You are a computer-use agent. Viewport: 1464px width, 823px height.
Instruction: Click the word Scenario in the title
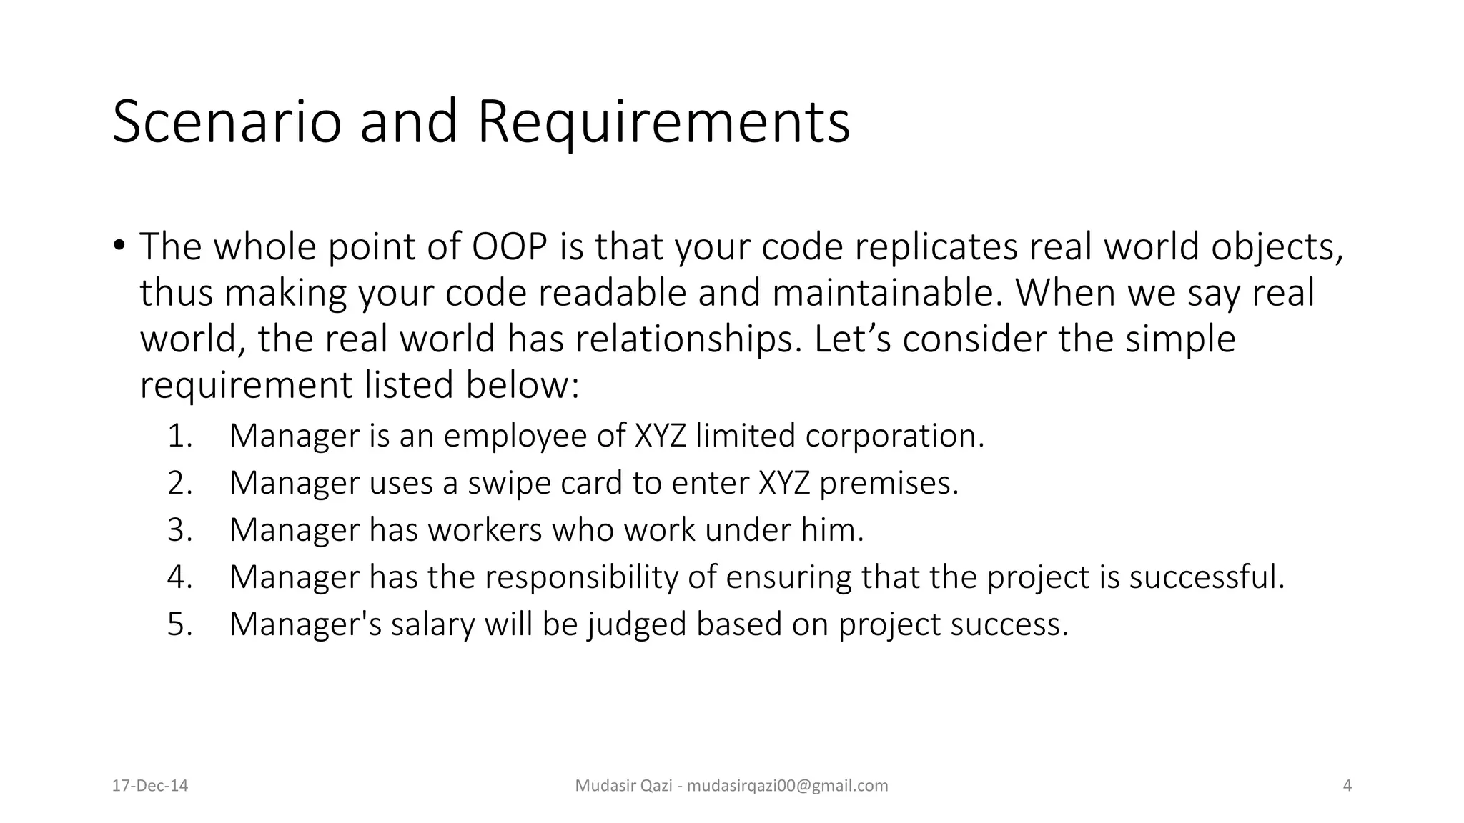point(226,121)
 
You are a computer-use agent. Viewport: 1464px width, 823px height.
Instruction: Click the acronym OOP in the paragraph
point(510,246)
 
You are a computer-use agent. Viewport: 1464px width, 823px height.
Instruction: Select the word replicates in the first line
point(936,246)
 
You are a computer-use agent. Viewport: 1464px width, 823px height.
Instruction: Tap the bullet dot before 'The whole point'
point(119,244)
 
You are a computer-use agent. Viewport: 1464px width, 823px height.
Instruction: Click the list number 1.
point(179,436)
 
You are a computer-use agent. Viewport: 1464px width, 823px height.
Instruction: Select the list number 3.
point(179,530)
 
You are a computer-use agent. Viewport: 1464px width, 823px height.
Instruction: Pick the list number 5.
point(179,624)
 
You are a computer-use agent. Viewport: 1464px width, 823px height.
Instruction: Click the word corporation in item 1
point(894,436)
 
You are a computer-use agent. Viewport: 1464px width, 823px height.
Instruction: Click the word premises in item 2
point(889,483)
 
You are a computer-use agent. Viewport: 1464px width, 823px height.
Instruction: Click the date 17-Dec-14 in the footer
point(150,786)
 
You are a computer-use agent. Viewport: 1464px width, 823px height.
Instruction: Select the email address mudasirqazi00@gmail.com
point(787,786)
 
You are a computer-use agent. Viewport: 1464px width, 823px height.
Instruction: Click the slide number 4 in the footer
point(1347,786)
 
